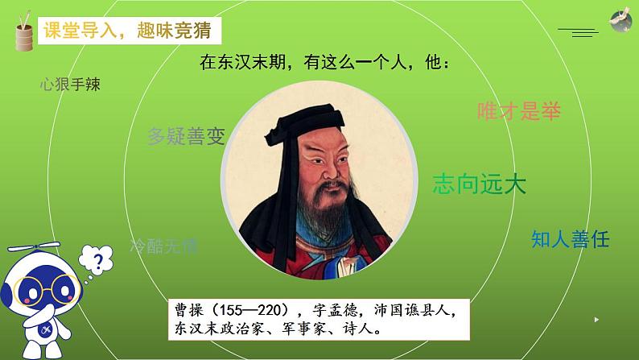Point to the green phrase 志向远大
coord(479,184)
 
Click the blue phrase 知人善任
coord(571,238)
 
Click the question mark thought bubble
coord(98,259)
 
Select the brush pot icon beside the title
coord(22,34)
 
